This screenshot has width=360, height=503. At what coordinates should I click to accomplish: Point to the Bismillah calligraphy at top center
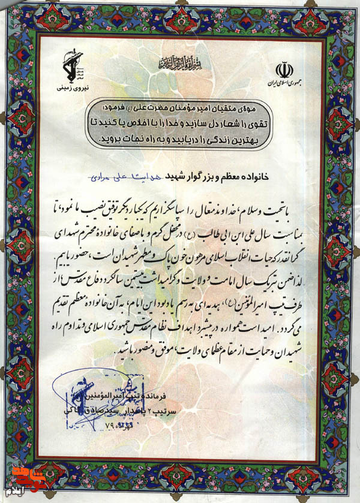click(179, 62)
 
